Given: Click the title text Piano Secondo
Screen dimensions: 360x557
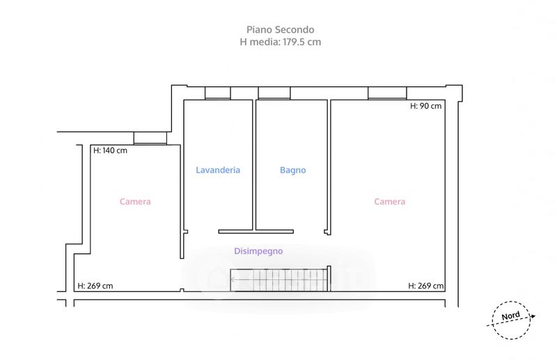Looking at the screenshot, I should (x=280, y=29).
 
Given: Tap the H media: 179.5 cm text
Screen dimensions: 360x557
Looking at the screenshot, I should (x=280, y=42).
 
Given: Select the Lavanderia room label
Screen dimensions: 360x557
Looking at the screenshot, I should (x=218, y=170).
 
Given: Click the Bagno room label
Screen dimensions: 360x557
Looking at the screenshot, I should (x=292, y=170).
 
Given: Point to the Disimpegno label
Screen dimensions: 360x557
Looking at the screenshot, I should (x=258, y=251).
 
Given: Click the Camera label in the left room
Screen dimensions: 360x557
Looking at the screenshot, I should (x=135, y=202).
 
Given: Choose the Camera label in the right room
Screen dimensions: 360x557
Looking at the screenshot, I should (x=389, y=202).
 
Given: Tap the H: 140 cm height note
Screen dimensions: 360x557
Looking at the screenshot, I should (x=110, y=150).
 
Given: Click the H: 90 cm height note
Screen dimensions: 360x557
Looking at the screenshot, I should (x=426, y=107).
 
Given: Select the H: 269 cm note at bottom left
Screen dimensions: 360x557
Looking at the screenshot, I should (x=95, y=285).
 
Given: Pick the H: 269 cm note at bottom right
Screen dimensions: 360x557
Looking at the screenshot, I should (x=426, y=285).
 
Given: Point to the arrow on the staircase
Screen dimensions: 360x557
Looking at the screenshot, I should (x=240, y=280).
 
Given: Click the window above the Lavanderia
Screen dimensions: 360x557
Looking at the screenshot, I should (x=217, y=93).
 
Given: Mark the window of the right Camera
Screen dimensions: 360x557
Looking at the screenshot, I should (x=387, y=93).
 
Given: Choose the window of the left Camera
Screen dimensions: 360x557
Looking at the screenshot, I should (x=150, y=137).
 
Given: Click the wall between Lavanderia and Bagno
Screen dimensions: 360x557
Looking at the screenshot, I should (x=254, y=164).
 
